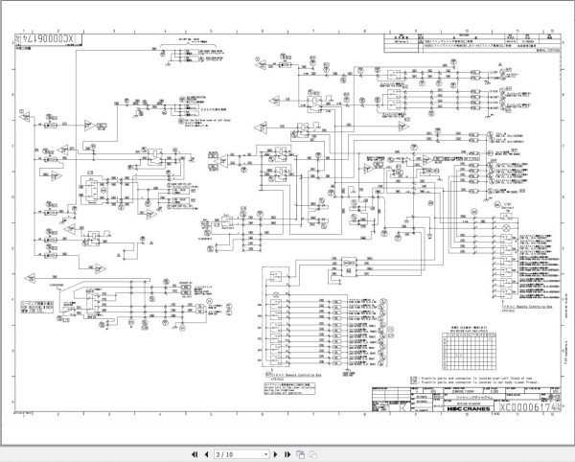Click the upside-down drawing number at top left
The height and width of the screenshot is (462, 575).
point(49,41)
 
